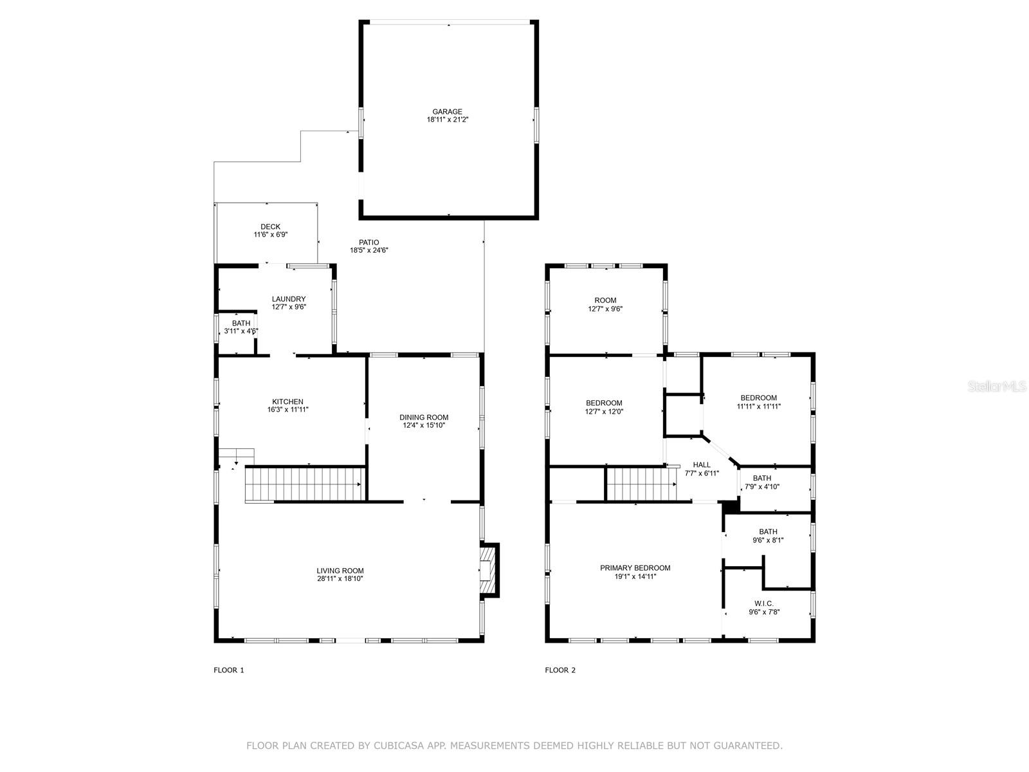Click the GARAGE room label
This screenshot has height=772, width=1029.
447,111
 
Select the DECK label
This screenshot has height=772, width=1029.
270,226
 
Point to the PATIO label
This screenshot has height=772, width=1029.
369,243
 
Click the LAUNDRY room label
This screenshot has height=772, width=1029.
288,299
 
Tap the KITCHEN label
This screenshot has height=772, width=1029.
287,401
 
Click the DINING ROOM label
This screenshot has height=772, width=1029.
424,418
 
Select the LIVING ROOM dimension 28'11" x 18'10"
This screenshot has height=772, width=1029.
340,578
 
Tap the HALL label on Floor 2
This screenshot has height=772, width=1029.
702,464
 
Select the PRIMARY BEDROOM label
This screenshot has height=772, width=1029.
635,568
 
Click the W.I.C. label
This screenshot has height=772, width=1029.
763,603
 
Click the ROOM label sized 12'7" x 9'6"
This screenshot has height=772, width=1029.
605,300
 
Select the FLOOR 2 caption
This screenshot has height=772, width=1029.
560,670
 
